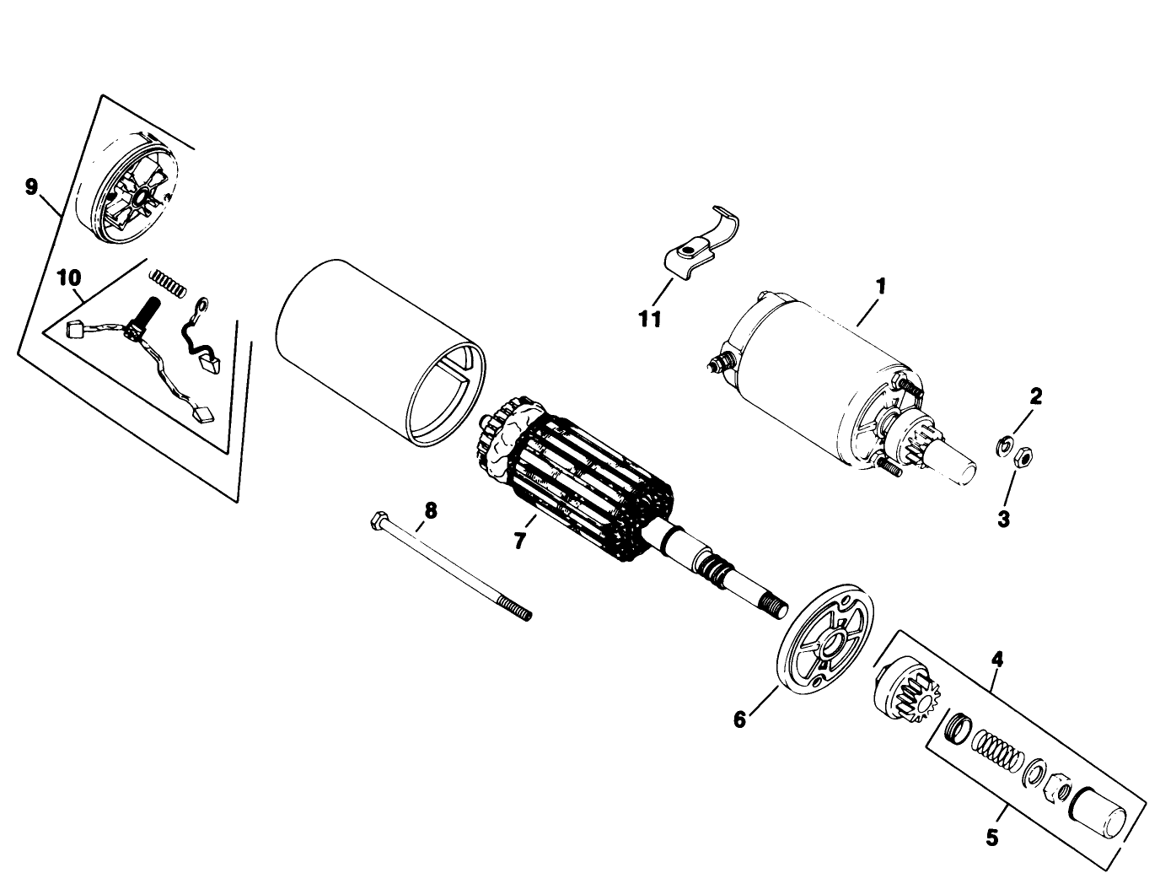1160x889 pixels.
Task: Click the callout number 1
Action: click(x=880, y=286)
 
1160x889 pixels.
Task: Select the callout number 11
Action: click(x=650, y=319)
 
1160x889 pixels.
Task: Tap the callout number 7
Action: click(x=519, y=540)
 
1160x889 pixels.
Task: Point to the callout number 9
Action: click(x=31, y=186)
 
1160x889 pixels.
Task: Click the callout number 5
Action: click(x=991, y=838)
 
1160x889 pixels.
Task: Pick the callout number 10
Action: click(x=69, y=277)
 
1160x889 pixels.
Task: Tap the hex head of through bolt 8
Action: click(x=377, y=520)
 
